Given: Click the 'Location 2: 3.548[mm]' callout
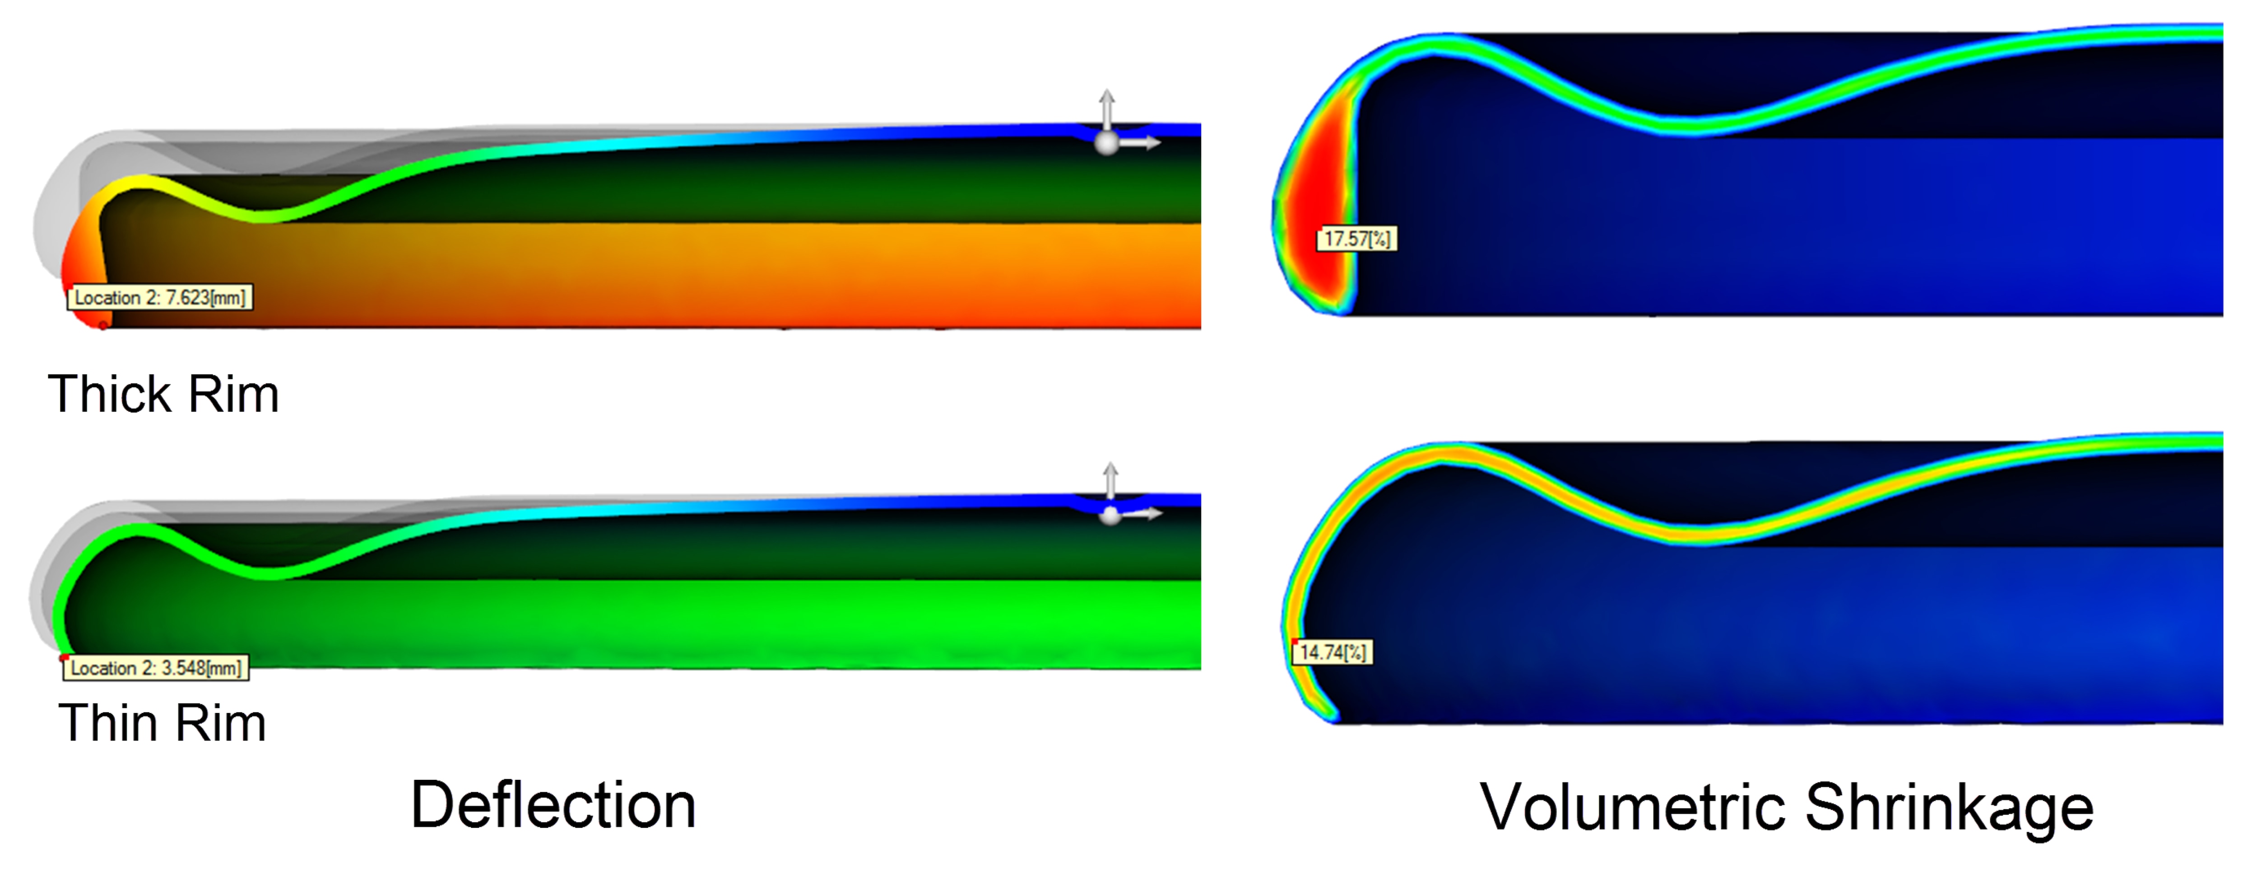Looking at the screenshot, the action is (156, 668).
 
